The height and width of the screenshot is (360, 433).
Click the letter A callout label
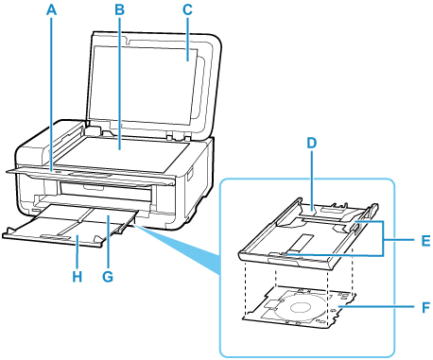tap(51, 9)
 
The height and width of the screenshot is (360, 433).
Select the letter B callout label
tap(119, 9)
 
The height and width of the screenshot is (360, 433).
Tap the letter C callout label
tap(187, 9)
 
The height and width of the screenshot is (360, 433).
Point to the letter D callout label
tap(311, 143)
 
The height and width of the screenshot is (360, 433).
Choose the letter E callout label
tap(425, 241)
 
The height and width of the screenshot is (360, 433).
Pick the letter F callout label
tap(425, 307)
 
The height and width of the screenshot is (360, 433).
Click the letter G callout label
tap(108, 277)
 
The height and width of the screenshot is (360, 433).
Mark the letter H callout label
tap(78, 277)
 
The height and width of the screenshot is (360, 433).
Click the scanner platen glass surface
tap(123, 154)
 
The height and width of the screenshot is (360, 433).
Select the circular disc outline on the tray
tap(301, 308)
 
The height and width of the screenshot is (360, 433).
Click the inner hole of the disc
tap(300, 307)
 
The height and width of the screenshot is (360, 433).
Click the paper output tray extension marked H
tap(57, 234)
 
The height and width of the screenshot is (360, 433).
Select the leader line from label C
tap(187, 39)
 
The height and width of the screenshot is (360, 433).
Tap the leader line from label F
tap(377, 306)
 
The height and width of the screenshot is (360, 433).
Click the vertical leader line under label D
tap(312, 180)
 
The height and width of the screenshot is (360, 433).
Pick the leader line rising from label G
tap(108, 242)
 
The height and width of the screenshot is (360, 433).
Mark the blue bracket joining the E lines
tap(383, 239)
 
